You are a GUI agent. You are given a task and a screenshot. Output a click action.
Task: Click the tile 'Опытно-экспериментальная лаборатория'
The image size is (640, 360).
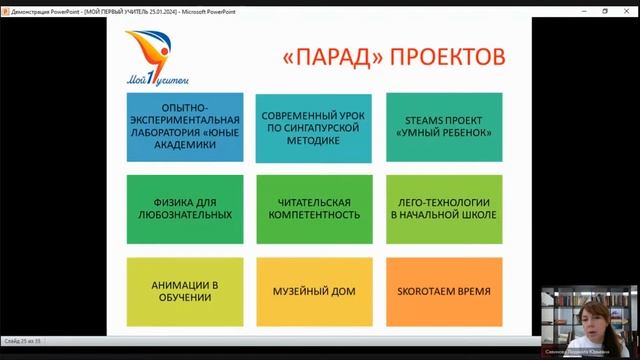pyautogui.click(x=184, y=127)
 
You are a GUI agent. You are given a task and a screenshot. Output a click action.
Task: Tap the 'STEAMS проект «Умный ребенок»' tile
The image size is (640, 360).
pyautogui.click(x=444, y=127)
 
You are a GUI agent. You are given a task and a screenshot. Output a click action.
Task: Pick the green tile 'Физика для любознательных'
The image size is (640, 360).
pyautogui.click(x=184, y=209)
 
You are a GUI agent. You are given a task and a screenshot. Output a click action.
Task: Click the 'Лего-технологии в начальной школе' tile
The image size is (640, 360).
pyautogui.click(x=444, y=209)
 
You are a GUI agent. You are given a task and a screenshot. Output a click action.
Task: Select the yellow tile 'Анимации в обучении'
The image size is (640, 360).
pyautogui.click(x=184, y=291)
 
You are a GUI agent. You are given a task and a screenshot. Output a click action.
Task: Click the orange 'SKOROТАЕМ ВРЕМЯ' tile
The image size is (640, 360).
pyautogui.click(x=444, y=291)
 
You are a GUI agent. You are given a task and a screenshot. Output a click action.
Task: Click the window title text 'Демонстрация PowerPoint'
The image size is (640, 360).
pyautogui.click(x=39, y=6)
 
